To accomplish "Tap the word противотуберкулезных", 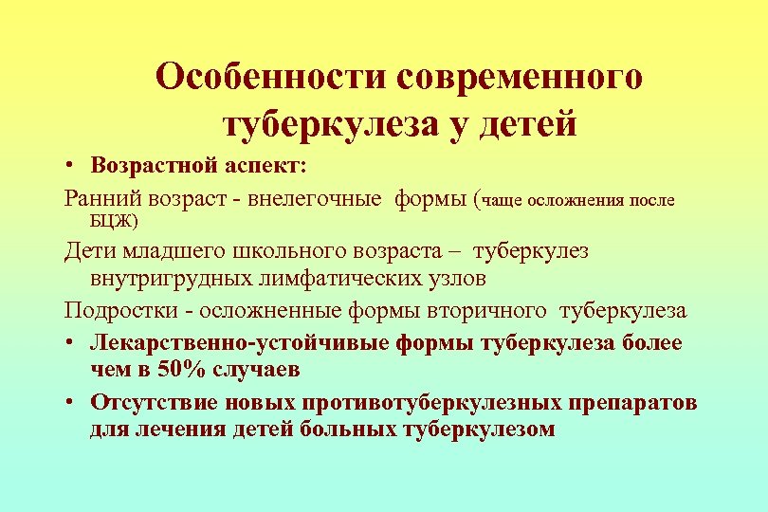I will (x=442, y=401).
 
